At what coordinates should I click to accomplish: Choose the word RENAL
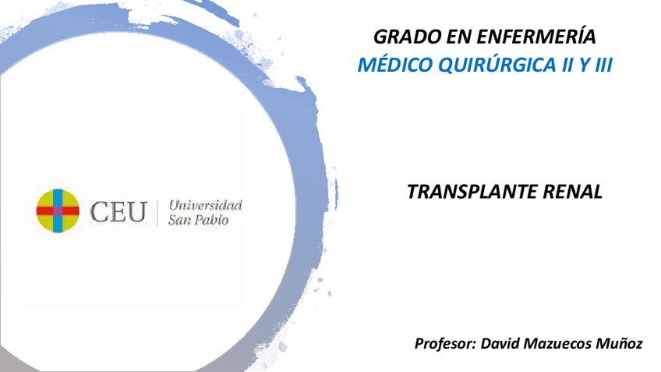click(x=576, y=192)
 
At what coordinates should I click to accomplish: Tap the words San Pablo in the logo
click(x=198, y=221)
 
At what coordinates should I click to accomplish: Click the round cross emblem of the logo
click(x=58, y=211)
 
